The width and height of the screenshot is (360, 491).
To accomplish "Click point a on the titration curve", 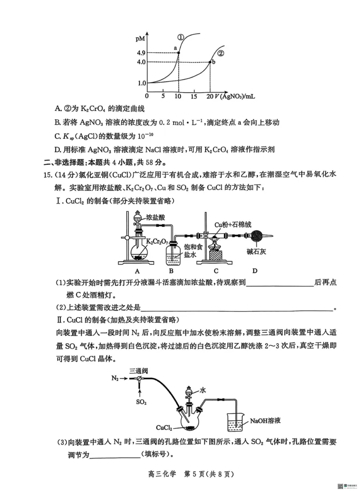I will (179, 53).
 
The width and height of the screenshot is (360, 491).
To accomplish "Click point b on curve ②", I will (211, 62).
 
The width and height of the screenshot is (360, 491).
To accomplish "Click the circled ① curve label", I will (180, 37).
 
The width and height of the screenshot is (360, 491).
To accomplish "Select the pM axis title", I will (140, 40).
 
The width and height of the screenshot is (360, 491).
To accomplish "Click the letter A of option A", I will (57, 109).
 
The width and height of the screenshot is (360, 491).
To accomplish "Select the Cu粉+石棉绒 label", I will (231, 223).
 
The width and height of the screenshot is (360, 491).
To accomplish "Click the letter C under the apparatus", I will (216, 271).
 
